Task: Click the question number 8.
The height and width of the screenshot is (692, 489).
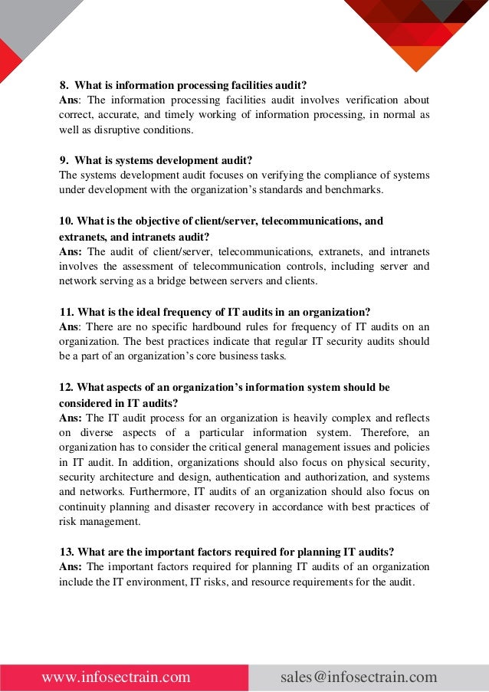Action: [64, 85]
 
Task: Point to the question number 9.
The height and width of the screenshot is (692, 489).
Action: [64, 160]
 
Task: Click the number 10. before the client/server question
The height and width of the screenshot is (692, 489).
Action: [67, 221]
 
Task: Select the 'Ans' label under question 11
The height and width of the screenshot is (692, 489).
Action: [68, 326]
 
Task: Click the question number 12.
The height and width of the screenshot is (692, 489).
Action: [67, 387]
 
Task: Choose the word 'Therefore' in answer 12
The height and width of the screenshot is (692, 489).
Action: [384, 432]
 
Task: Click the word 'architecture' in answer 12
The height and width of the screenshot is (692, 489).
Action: [127, 477]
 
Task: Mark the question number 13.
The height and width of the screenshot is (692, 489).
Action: [67, 552]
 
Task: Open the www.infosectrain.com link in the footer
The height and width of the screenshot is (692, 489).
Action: [117, 677]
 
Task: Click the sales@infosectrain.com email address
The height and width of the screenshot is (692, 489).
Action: [359, 677]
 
